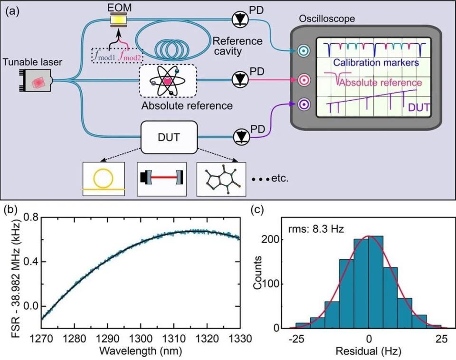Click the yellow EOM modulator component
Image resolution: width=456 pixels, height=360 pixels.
click(119, 20)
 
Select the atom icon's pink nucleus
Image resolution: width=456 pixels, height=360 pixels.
click(168, 81)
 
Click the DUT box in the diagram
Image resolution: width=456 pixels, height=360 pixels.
click(169, 137)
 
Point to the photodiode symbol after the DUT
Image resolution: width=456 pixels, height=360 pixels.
click(241, 137)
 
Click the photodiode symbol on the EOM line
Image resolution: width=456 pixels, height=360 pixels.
click(240, 19)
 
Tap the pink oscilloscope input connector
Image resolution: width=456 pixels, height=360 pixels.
click(304, 80)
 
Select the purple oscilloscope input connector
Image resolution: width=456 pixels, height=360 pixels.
click(304, 104)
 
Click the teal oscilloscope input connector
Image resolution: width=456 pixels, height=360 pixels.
click(304, 51)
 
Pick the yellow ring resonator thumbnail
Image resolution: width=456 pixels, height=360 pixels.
click(104, 179)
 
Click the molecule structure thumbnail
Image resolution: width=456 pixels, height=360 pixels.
click(221, 179)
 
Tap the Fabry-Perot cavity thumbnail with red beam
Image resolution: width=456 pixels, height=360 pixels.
click(161, 179)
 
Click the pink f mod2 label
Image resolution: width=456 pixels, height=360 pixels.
click(130, 56)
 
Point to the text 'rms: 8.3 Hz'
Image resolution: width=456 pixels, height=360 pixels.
click(316, 229)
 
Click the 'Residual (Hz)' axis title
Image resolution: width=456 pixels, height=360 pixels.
click(368, 351)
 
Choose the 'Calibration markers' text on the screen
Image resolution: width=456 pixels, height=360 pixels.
click(376, 63)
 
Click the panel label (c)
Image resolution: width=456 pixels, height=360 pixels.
click(257, 209)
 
